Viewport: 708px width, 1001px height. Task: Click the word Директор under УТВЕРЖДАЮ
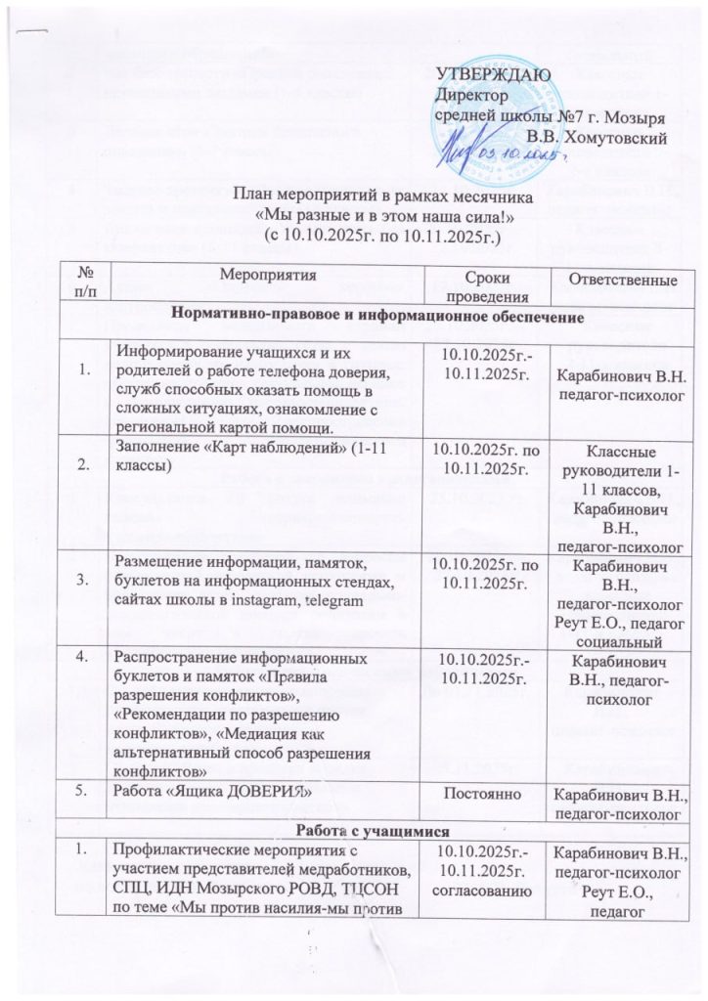click(x=472, y=97)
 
